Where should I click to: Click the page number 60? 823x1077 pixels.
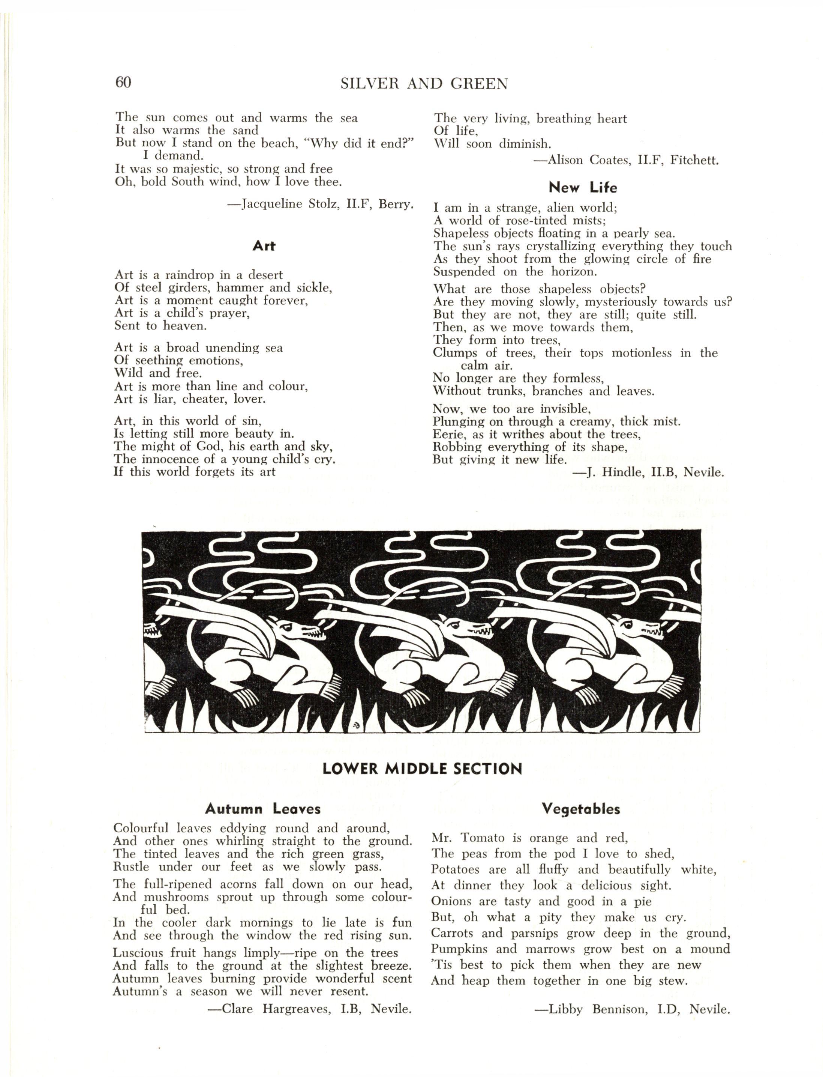(123, 82)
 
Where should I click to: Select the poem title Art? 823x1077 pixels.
(264, 246)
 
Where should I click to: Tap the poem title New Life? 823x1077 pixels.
(582, 187)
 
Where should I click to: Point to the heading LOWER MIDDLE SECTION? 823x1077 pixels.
(422, 768)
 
